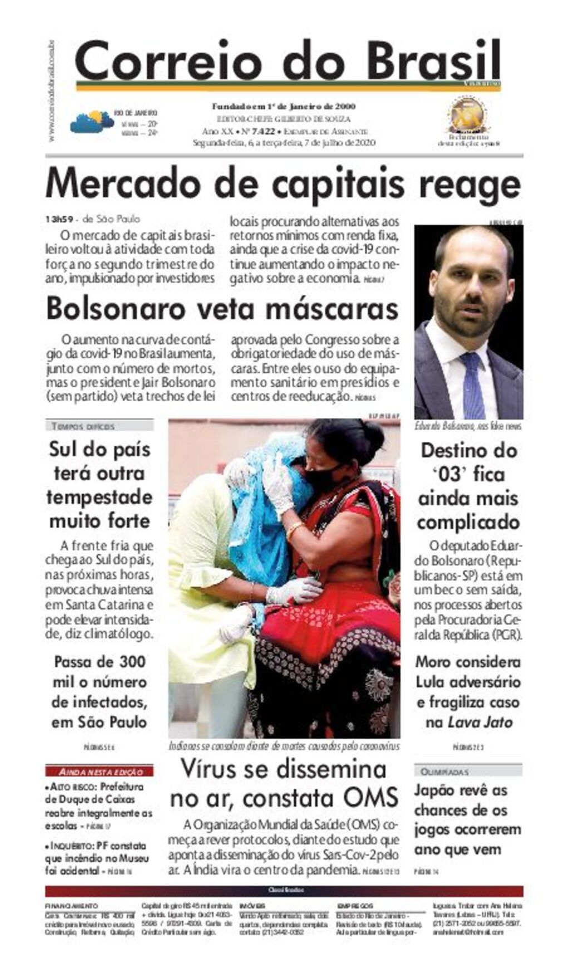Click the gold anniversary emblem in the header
point(468,115)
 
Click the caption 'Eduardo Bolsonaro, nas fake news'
point(468,427)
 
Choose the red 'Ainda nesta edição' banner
point(100,772)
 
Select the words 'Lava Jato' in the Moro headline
point(480,723)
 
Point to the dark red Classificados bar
point(284,890)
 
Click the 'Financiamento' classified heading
point(71,906)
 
